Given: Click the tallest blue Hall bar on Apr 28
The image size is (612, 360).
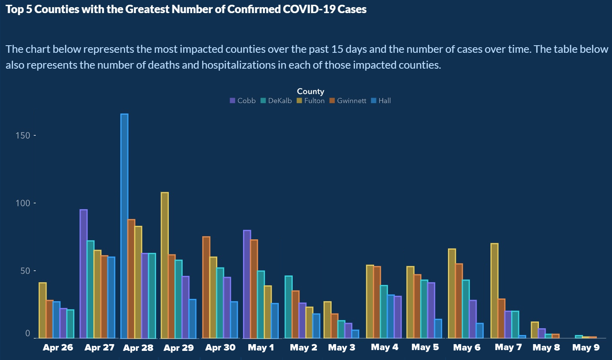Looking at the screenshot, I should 124,226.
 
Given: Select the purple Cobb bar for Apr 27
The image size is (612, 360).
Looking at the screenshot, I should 83,274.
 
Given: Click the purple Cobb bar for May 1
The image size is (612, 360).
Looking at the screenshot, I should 247,284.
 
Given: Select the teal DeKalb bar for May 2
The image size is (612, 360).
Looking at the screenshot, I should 288,307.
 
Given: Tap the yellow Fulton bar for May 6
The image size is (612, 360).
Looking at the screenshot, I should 452,294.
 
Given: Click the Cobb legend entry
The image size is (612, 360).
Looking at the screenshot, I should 243,101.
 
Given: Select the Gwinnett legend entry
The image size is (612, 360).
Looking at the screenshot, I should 348,101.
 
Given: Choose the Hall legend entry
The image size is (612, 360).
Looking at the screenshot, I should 381,101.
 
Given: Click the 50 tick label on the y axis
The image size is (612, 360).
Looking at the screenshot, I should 25,271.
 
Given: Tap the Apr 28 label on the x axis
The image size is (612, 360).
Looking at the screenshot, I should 138,348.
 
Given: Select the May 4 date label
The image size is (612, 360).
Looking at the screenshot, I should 384,347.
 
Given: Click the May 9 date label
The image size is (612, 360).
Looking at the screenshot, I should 586,348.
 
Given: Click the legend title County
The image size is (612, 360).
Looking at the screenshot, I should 311,92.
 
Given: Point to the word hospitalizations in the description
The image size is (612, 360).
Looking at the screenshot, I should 238,65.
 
